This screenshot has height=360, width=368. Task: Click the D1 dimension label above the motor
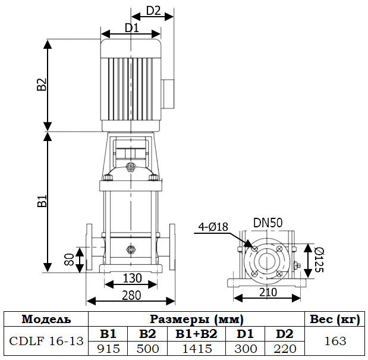click(131, 27)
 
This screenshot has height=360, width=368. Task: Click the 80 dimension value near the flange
click(69, 259)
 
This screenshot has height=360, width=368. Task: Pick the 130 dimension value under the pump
click(132, 278)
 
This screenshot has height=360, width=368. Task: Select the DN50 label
click(268, 223)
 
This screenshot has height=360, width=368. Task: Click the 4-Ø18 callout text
click(213, 226)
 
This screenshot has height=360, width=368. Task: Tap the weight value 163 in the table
click(335, 342)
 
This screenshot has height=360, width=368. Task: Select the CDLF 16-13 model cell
click(46, 342)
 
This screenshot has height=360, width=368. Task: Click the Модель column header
click(46, 320)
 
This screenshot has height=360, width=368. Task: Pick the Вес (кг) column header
click(335, 320)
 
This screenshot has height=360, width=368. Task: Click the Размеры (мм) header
click(196, 320)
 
